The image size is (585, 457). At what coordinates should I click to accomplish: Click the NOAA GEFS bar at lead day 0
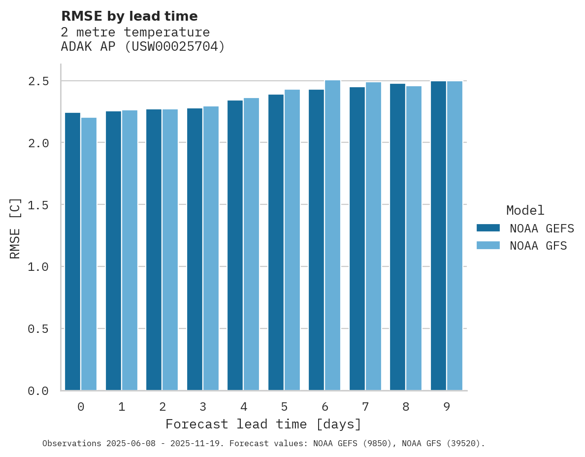[72, 251]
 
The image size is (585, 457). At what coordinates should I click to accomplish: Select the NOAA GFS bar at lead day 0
[89, 254]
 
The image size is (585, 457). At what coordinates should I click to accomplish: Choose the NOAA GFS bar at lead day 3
[211, 248]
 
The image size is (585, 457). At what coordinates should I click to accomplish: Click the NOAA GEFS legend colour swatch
[488, 228]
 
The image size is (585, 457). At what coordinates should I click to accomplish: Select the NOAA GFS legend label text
[538, 246]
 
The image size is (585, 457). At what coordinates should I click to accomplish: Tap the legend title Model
[525, 210]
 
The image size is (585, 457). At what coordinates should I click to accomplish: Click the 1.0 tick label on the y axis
[38, 266]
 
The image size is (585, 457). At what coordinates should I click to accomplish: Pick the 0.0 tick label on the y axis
[38, 391]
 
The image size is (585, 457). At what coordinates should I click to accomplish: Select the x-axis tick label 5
[284, 407]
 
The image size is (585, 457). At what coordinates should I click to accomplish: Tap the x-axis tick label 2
[162, 407]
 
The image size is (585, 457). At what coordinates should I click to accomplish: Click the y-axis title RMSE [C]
[15, 228]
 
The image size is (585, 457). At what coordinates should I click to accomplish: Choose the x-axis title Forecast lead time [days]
[263, 424]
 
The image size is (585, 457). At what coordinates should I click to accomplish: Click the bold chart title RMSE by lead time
[129, 16]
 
